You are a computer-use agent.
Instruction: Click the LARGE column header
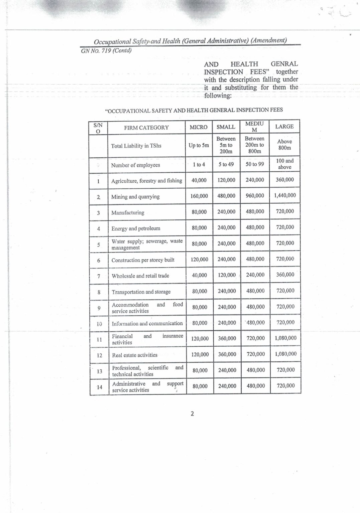pyautogui.click(x=284, y=127)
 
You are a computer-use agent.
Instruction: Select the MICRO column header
pyautogui.click(x=199, y=127)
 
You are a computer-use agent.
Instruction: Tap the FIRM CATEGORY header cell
pyautogui.click(x=146, y=128)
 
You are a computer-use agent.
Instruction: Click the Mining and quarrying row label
pyautogui.click(x=135, y=197)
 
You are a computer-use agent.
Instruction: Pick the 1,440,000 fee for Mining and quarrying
pyautogui.click(x=285, y=195)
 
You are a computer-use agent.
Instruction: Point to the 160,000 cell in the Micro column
pyautogui.click(x=199, y=196)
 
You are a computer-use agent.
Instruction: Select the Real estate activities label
pyautogui.click(x=135, y=355)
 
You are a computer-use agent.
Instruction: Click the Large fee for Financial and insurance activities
pyautogui.click(x=285, y=338)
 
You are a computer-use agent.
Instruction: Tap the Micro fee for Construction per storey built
pyautogui.click(x=200, y=260)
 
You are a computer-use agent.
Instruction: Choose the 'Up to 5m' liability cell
pyautogui.click(x=199, y=145)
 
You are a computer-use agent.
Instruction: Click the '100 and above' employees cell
pyautogui.click(x=285, y=164)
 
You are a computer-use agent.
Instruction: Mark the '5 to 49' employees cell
pyautogui.click(x=226, y=164)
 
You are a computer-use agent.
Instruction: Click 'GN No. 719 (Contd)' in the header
pyautogui.click(x=106, y=51)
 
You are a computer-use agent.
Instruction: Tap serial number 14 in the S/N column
pyautogui.click(x=99, y=387)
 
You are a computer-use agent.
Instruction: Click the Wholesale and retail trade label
pyautogui.click(x=140, y=276)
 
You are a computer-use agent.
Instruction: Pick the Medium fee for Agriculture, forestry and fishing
pyautogui.click(x=255, y=180)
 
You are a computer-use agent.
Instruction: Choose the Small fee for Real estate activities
pyautogui.click(x=227, y=354)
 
